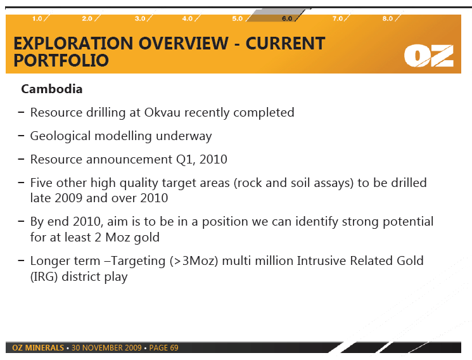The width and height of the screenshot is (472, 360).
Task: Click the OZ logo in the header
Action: (429, 56)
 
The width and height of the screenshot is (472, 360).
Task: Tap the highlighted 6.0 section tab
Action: (287, 18)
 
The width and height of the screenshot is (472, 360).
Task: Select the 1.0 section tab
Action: (37, 18)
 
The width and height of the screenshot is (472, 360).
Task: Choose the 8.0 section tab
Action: (387, 18)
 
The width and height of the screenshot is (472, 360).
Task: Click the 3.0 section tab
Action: (140, 18)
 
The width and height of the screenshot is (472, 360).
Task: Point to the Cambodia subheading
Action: (52, 89)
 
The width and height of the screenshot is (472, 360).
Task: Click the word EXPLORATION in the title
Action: (73, 43)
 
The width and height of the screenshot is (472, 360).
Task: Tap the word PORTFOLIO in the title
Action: (61, 60)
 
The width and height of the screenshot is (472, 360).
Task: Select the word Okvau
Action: (162, 112)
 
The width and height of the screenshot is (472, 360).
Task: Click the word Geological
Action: (60, 136)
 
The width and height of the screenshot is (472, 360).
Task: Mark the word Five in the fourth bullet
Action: (41, 183)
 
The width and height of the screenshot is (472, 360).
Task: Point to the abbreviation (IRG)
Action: (44, 276)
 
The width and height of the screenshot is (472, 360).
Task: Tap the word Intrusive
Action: (321, 260)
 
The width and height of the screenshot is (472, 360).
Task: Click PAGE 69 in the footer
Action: (163, 348)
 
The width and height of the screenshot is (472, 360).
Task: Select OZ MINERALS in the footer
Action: (38, 348)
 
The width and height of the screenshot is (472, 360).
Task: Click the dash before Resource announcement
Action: (21, 159)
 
